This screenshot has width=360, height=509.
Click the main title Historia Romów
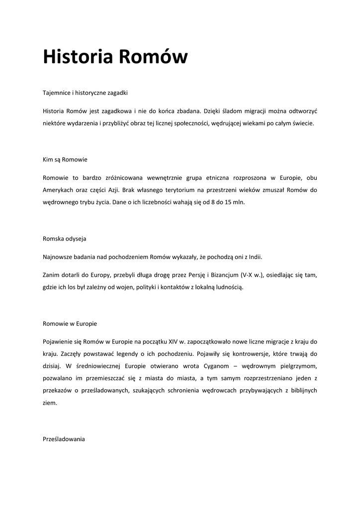click(x=115, y=57)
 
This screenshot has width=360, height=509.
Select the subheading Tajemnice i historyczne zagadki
click(x=86, y=92)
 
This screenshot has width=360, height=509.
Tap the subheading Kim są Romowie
click(x=65, y=160)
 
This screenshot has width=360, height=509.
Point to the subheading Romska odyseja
click(x=65, y=239)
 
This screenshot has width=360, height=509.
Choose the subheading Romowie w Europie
click(x=70, y=324)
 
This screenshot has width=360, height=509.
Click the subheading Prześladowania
click(x=64, y=439)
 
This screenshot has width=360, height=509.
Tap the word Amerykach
click(x=58, y=190)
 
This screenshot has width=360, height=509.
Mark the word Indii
click(x=254, y=257)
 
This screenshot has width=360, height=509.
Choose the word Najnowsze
click(x=59, y=257)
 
